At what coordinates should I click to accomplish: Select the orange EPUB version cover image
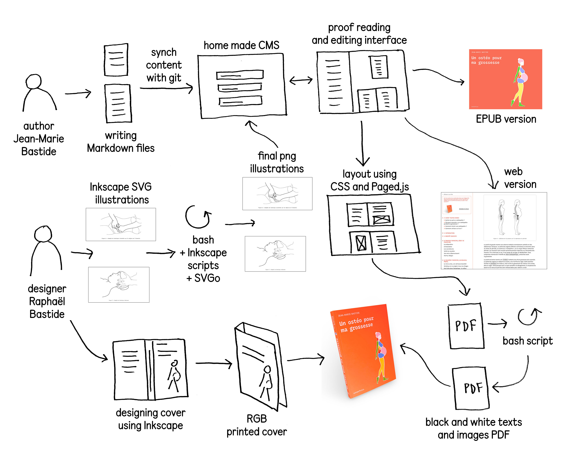pyautogui.click(x=505, y=79)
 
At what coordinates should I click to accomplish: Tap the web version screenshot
pyautogui.click(x=493, y=231)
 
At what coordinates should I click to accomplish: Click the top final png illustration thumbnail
pyautogui.click(x=277, y=193)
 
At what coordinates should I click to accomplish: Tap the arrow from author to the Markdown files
pyautogui.click(x=78, y=93)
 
